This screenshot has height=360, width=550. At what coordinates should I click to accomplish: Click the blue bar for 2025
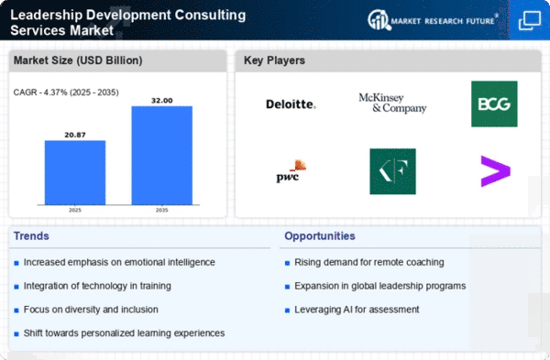(75, 172)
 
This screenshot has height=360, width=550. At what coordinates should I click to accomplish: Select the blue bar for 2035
(161, 156)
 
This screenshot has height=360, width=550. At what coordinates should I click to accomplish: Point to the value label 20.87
(75, 135)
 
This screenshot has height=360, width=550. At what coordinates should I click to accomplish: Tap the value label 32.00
(161, 101)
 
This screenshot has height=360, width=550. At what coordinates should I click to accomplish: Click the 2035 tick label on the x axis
(161, 210)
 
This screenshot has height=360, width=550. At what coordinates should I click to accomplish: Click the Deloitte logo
(291, 104)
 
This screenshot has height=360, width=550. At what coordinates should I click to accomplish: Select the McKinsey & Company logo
(392, 104)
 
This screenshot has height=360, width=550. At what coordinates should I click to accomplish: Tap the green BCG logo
(494, 104)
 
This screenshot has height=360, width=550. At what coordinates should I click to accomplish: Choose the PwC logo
(291, 171)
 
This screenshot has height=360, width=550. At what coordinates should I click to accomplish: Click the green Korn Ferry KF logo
(392, 171)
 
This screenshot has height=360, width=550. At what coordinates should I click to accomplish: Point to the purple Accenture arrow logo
(495, 171)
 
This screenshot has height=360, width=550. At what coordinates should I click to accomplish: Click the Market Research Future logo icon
(379, 19)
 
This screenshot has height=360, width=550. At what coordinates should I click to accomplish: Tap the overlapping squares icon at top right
(530, 20)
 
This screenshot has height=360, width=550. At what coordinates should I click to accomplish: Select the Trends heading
(31, 236)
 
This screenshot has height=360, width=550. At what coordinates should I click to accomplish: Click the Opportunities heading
(320, 236)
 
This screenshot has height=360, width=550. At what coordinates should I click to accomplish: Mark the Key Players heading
(274, 60)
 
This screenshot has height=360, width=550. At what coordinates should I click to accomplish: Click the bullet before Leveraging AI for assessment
(287, 311)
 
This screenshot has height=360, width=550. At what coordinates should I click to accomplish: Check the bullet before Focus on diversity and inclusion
(16, 311)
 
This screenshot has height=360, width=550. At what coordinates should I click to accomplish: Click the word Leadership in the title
(47, 15)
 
